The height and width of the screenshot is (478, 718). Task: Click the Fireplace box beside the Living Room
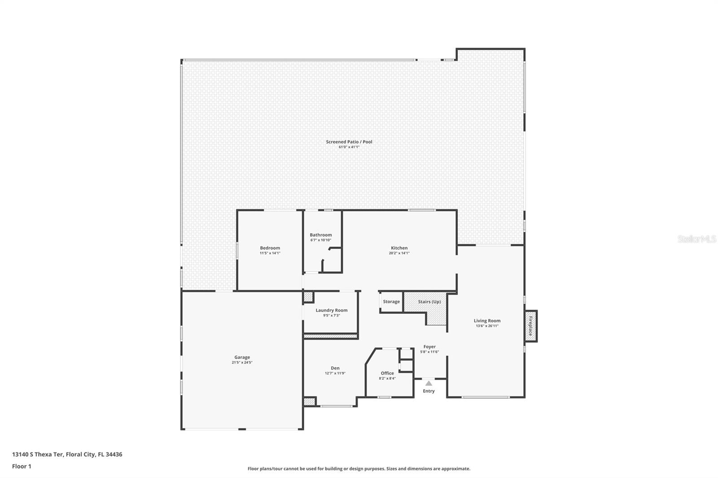tap(531, 326)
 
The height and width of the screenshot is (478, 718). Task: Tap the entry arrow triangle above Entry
tap(429, 383)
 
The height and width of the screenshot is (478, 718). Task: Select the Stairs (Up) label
tap(429, 302)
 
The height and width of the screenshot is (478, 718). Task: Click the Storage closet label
tap(391, 302)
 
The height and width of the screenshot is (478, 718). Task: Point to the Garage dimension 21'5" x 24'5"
tap(242, 362)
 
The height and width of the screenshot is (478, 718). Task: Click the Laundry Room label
tap(331, 310)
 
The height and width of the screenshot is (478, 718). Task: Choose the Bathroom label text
tap(320, 235)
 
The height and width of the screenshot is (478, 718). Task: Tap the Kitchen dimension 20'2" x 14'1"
tap(399, 253)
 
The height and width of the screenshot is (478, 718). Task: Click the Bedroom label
tap(270, 248)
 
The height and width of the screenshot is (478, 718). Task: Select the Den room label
tap(335, 368)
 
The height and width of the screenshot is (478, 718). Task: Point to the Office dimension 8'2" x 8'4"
tap(387, 378)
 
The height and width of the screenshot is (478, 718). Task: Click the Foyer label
tap(429, 347)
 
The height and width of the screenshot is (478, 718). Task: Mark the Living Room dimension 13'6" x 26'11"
tap(487, 326)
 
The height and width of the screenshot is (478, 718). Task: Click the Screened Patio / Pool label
tap(349, 142)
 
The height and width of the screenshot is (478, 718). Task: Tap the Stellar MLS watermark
tap(696, 239)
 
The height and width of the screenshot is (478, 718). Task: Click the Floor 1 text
tap(22, 466)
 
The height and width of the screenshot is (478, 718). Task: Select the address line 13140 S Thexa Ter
tap(67, 454)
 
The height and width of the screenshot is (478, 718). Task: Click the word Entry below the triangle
tap(429, 391)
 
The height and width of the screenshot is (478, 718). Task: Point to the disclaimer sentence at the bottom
tap(359, 469)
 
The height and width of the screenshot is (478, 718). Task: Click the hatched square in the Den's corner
tap(309, 402)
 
